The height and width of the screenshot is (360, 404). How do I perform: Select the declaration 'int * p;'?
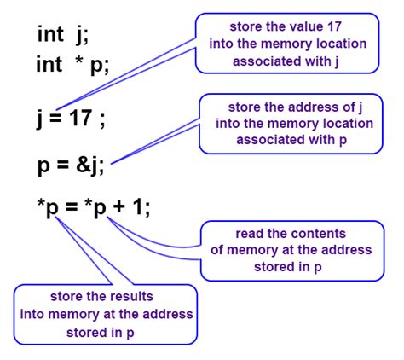point(72,65)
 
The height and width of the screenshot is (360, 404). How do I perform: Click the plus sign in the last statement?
point(119,208)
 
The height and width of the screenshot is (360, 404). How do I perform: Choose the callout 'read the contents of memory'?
point(285,250)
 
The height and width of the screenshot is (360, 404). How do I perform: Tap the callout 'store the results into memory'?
point(105,314)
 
